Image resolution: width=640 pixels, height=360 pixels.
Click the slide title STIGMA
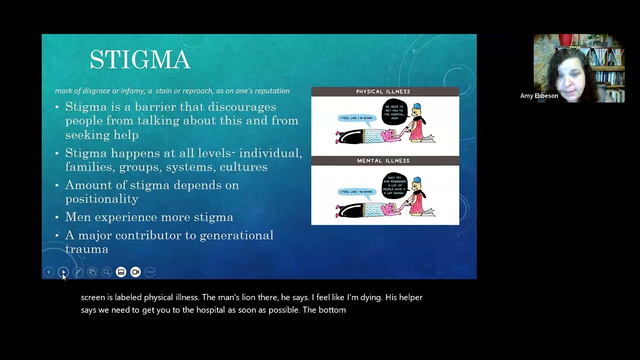(140, 60)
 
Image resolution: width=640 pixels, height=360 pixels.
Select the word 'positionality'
(101, 199)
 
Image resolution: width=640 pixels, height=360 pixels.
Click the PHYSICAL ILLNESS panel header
(383, 91)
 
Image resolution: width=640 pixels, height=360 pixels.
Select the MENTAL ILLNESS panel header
(383, 160)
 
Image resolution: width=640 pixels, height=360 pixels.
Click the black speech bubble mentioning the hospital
(395, 111)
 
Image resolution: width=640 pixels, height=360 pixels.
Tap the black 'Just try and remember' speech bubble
(395, 186)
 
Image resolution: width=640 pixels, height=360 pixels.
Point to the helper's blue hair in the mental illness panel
(417, 180)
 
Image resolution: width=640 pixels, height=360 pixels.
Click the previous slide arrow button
(48, 272)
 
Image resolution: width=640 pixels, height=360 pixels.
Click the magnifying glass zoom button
(106, 272)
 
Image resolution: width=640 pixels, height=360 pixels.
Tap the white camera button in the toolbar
(135, 272)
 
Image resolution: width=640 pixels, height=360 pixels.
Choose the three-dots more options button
(150, 272)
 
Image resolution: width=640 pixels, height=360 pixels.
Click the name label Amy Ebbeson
(539, 95)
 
